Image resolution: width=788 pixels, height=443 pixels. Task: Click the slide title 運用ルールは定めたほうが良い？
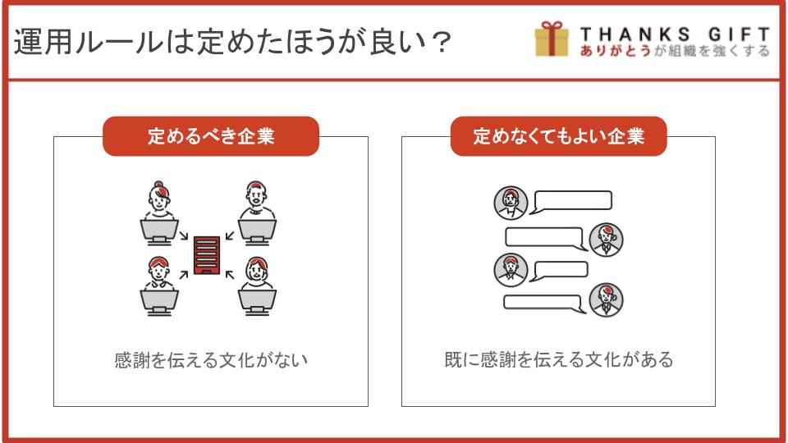coord(232,41)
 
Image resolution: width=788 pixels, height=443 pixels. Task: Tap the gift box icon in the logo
coord(552,39)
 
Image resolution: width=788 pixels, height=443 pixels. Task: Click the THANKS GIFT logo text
coord(675,34)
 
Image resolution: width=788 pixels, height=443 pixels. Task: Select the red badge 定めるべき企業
coord(211,136)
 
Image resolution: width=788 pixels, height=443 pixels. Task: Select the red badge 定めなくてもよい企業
coord(558,136)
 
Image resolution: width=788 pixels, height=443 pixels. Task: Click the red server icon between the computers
coord(207,255)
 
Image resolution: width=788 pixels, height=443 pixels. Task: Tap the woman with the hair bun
coord(159,200)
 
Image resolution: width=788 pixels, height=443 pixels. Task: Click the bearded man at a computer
coord(257,200)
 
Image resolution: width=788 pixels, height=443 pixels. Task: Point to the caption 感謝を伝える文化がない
coord(211,360)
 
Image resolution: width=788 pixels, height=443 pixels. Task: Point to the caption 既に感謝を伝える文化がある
coord(558,359)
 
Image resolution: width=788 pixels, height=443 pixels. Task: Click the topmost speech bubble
coord(572,202)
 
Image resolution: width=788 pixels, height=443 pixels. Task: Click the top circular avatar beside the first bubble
coord(511,203)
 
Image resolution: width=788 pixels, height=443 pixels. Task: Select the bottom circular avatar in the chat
coord(606,300)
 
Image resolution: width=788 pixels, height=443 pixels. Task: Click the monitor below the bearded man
coord(257,232)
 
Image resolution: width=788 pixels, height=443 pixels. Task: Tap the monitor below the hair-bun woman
coord(158,232)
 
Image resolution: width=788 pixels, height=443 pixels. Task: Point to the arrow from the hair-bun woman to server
coord(183,235)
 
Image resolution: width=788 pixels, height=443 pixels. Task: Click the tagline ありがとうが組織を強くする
coord(675,51)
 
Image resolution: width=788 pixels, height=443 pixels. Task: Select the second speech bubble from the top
coord(546,239)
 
